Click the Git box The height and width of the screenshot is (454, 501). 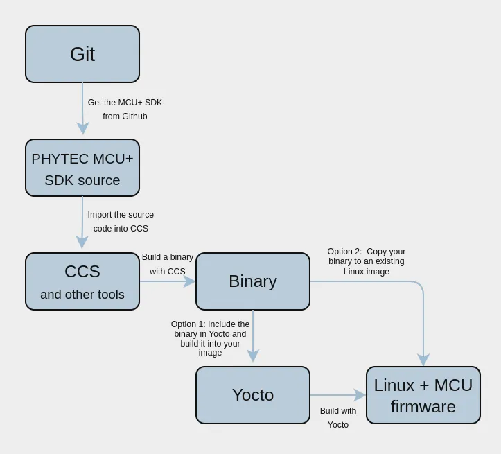82,54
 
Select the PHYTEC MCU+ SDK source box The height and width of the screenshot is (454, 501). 82,168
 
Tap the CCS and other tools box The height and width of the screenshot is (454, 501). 82,281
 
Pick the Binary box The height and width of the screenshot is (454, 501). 253,281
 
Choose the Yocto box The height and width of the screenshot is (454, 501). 253,395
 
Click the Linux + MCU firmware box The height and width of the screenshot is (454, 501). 423,395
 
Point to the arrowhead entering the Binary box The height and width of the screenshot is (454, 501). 189,281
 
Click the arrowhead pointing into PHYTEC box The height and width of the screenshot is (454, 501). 82,128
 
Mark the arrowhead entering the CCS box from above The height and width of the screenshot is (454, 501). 82,242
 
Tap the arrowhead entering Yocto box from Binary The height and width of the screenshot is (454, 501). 253,356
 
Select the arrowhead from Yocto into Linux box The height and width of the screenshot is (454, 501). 360,395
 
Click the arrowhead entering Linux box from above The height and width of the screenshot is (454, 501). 423,360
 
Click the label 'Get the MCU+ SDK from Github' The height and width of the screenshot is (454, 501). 125,110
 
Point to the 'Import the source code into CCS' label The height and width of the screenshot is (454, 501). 121,222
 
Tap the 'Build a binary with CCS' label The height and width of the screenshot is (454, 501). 168,264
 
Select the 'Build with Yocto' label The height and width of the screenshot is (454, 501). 338,418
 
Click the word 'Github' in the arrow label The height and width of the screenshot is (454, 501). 134,116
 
